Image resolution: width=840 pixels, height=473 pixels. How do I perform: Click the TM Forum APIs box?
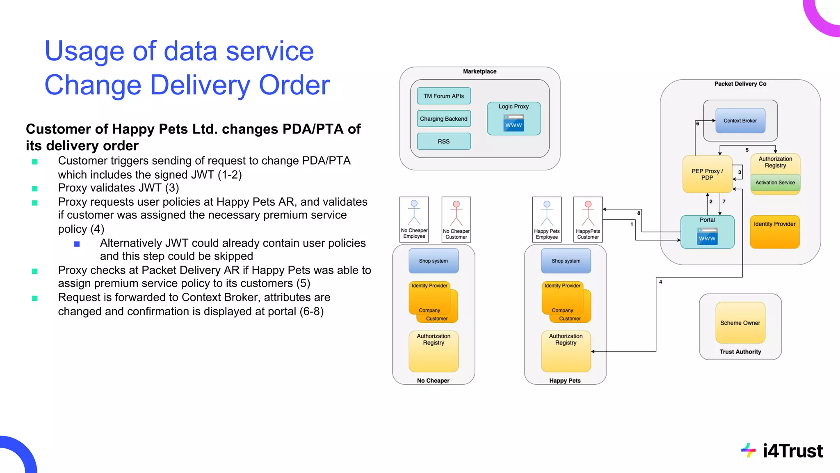tap(443, 96)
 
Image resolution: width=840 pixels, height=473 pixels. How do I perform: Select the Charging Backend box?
tap(443, 119)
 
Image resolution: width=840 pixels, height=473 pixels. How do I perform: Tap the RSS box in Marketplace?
tap(443, 141)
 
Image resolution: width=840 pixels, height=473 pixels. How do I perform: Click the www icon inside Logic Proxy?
tap(514, 123)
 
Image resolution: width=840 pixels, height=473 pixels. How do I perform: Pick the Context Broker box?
tap(740, 121)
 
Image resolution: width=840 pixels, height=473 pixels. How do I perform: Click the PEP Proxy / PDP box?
tap(707, 175)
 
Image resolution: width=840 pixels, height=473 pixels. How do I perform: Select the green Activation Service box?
tap(775, 183)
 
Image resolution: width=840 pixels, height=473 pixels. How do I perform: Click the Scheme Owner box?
tap(740, 323)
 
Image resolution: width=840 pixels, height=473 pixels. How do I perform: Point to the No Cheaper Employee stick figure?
tap(414, 213)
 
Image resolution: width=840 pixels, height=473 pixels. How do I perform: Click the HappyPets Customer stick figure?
tap(588, 214)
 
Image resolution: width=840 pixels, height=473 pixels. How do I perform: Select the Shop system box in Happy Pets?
tap(566, 261)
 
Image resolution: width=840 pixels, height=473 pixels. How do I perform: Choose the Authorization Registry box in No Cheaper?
tap(433, 351)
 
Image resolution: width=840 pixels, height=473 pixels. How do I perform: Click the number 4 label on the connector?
tap(660, 282)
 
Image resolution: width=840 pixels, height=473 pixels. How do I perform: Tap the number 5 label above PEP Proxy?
tap(747, 150)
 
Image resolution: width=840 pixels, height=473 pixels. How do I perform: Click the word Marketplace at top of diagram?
tap(479, 71)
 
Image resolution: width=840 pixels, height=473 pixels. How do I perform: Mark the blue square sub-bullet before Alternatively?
tap(77, 244)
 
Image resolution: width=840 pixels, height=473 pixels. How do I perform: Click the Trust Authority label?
tap(740, 352)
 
